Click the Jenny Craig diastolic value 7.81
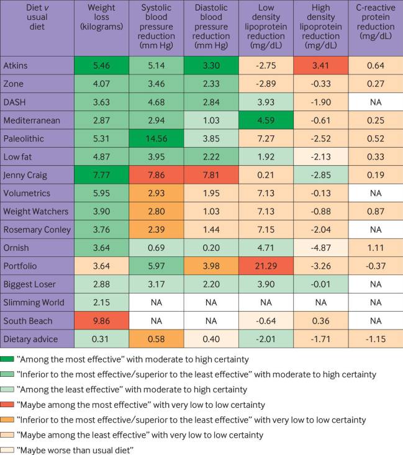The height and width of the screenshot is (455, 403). pos(211,176)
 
